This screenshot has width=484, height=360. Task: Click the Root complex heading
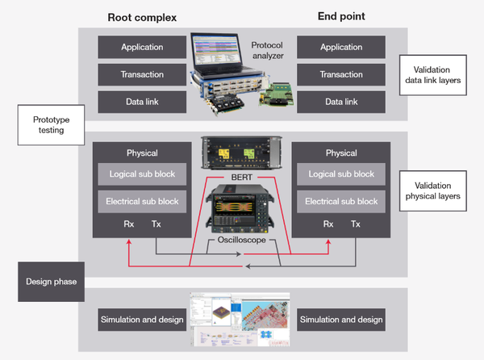pyautogui.click(x=142, y=18)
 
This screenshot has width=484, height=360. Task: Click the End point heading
pyautogui.click(x=341, y=16)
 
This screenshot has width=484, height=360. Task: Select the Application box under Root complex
pyautogui.click(x=142, y=47)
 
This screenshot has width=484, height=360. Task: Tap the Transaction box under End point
pyautogui.click(x=341, y=74)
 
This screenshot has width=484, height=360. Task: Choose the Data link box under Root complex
pyautogui.click(x=142, y=102)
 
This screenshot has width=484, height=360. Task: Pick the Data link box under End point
pyautogui.click(x=341, y=102)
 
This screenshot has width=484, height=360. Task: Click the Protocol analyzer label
pyautogui.click(x=267, y=50)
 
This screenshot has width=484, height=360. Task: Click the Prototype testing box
pyautogui.click(x=52, y=125)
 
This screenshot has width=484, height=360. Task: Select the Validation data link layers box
pyautogui.click(x=432, y=75)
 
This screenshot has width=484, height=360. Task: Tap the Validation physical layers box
pyautogui.click(x=432, y=190)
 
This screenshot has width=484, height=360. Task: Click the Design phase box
pyautogui.click(x=52, y=282)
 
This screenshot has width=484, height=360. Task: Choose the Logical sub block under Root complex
pyautogui.click(x=142, y=174)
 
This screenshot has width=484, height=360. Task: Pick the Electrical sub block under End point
pyautogui.click(x=341, y=202)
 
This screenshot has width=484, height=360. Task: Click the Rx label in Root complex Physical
pyautogui.click(x=129, y=224)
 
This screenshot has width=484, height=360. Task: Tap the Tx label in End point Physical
pyautogui.click(x=355, y=224)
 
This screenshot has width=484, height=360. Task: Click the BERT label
pyautogui.click(x=242, y=178)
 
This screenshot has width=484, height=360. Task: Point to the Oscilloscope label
pyautogui.click(x=242, y=240)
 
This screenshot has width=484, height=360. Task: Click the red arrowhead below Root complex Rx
pyautogui.click(x=129, y=241)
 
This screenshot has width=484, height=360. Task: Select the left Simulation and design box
pyautogui.click(x=142, y=320)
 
